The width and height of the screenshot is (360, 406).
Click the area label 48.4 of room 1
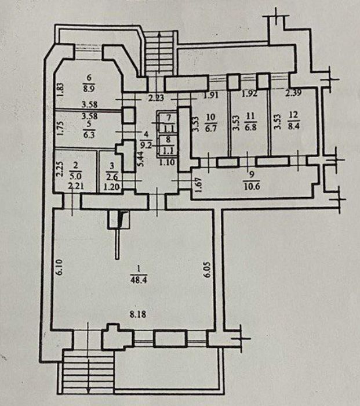(139, 280)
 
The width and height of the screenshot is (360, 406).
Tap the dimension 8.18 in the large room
(138, 314)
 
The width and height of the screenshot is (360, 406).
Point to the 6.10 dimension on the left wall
(60, 267)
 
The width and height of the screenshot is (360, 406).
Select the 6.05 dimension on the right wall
(208, 270)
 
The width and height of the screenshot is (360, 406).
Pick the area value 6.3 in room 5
(89, 135)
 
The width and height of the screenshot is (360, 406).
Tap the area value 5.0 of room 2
(75, 176)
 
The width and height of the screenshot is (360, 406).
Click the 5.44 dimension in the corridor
(141, 159)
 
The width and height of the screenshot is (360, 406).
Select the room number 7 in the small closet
(169, 118)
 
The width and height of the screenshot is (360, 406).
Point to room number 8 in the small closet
(168, 140)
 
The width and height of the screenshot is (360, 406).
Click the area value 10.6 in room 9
(252, 186)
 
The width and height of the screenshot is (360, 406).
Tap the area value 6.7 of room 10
(210, 128)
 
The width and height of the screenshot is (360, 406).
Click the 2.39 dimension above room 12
(293, 93)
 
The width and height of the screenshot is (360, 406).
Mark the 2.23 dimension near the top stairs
(156, 98)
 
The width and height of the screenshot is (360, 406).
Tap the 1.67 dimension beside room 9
(198, 185)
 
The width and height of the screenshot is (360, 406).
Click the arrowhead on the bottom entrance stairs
(89, 389)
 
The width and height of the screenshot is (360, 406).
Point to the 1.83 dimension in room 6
(60, 89)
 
